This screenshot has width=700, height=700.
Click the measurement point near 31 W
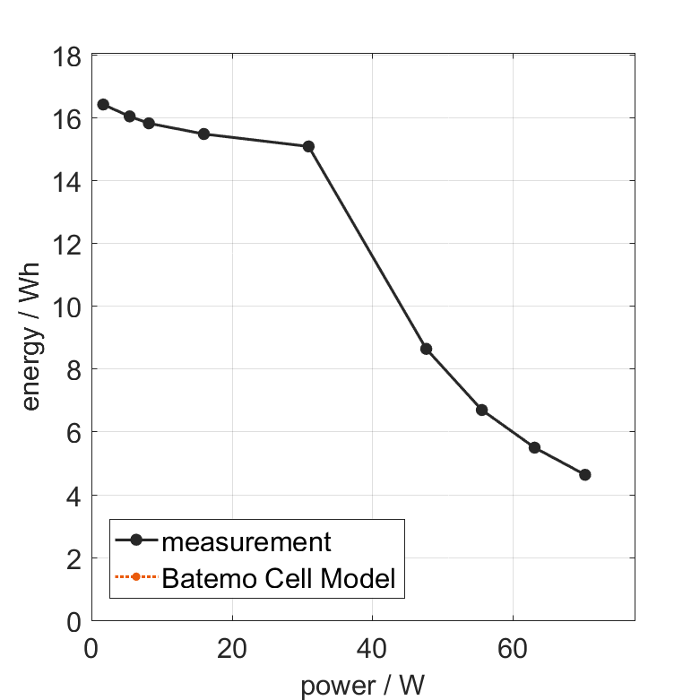pos(308,146)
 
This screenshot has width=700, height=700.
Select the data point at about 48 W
pos(426,349)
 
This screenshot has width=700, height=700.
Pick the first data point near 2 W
pos(103,104)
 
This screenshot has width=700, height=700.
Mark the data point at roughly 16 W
pos(203,134)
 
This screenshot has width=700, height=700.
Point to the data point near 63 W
pos(534,447)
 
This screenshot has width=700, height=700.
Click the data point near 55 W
pos(481,410)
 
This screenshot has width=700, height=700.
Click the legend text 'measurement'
pos(246,541)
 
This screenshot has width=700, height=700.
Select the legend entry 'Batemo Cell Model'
pos(279,578)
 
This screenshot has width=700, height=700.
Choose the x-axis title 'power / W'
pos(362,687)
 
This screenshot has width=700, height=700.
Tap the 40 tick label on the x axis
pos(372,648)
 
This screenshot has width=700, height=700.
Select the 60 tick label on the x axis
pos(512,648)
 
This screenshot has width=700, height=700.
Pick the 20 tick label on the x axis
pos(232,648)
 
